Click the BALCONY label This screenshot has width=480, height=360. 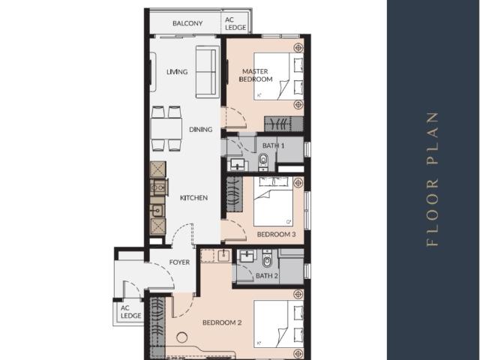(187, 23)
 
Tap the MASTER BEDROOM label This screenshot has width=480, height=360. (256, 75)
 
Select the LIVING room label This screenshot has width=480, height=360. (177, 72)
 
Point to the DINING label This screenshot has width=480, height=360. (200, 130)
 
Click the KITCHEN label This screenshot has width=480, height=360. (193, 198)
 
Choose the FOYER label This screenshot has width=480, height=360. (179, 262)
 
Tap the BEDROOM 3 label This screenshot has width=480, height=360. (276, 235)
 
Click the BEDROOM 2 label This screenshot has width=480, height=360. (222, 322)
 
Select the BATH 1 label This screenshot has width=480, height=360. (273, 145)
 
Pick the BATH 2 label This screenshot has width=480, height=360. (267, 276)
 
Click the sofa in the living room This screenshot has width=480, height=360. (208, 72)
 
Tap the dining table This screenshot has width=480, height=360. (166, 128)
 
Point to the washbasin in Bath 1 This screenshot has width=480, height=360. (238, 164)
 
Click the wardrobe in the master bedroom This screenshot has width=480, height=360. (283, 124)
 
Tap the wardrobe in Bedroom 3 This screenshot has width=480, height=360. (235, 193)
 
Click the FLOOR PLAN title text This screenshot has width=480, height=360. (432, 179)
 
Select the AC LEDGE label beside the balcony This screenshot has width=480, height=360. (235, 24)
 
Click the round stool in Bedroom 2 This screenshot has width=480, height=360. (181, 337)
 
